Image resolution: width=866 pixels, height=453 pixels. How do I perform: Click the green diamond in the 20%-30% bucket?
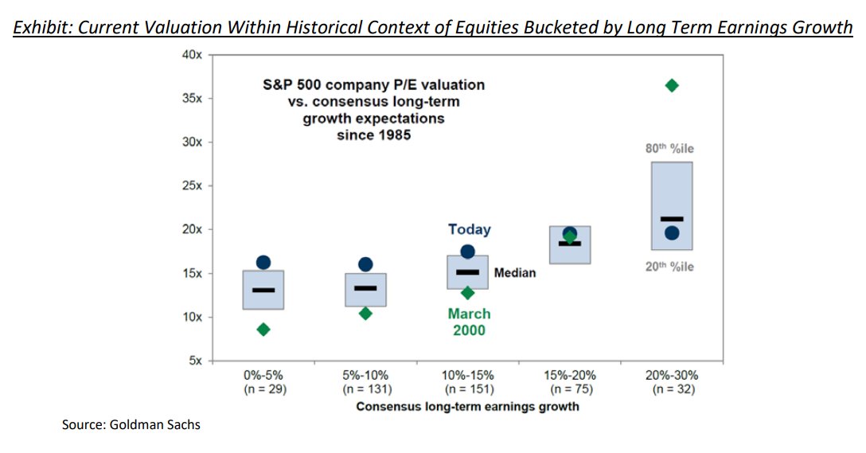click(672, 85)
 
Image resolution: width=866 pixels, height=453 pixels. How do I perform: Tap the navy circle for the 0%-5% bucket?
click(263, 263)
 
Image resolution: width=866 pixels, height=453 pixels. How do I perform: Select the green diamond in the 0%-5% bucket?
click(263, 330)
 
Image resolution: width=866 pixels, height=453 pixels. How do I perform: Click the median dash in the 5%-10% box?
click(365, 288)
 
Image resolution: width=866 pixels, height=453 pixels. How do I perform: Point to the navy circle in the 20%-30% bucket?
click(672, 233)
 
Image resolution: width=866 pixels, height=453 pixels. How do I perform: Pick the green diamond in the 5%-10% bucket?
click(365, 314)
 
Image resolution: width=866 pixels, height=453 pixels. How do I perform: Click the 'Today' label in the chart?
click(470, 229)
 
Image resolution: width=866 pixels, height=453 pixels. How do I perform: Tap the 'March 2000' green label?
click(469, 322)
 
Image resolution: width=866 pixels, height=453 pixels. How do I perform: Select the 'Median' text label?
click(515, 273)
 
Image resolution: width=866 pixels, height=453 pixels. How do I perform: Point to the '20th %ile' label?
click(669, 267)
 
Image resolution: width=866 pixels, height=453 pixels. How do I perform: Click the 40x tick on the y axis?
click(193, 55)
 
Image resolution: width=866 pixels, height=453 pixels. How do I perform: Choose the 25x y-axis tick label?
click(193, 185)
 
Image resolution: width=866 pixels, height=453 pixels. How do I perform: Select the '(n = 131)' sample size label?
click(365, 390)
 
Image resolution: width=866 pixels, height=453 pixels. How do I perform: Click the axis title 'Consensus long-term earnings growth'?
click(467, 406)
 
